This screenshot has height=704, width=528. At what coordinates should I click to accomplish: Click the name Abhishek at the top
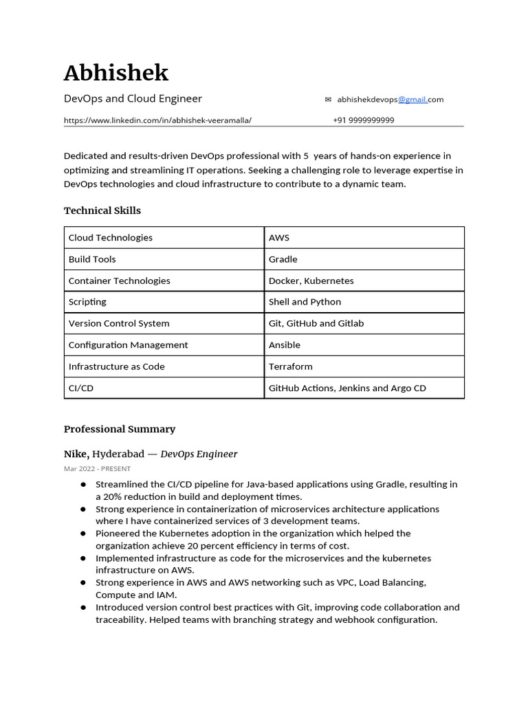(x=115, y=73)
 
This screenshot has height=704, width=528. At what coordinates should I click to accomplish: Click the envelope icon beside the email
(x=328, y=100)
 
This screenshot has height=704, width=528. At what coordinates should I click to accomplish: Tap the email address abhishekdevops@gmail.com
(x=390, y=100)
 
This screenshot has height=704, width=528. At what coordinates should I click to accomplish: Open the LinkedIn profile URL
(x=157, y=120)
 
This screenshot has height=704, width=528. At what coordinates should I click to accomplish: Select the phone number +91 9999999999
(x=363, y=120)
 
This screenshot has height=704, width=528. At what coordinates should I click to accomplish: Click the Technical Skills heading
(x=102, y=210)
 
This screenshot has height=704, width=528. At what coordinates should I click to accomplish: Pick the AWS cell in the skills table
(x=279, y=238)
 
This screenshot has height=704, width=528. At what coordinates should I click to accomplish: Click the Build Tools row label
(x=92, y=259)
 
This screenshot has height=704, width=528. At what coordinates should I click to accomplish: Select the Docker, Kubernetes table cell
(x=311, y=280)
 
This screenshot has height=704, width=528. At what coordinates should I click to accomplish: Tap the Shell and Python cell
(x=305, y=302)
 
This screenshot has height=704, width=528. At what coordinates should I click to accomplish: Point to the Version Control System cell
(x=119, y=323)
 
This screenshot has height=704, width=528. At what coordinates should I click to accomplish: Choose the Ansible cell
(x=285, y=345)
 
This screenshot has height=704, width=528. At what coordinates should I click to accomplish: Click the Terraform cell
(x=290, y=366)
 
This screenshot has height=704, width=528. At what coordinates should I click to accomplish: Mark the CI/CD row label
(x=81, y=388)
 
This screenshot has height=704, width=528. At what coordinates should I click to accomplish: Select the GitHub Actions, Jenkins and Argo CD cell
(x=347, y=388)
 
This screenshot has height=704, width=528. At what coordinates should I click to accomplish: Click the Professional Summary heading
(x=120, y=429)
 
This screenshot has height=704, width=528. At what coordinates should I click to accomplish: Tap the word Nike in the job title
(x=76, y=454)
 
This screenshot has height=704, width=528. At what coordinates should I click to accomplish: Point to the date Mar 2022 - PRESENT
(x=97, y=469)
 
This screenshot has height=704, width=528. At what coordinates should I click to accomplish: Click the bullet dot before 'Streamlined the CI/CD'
(x=82, y=485)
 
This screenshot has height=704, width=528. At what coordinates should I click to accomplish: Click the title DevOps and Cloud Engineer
(x=133, y=98)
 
